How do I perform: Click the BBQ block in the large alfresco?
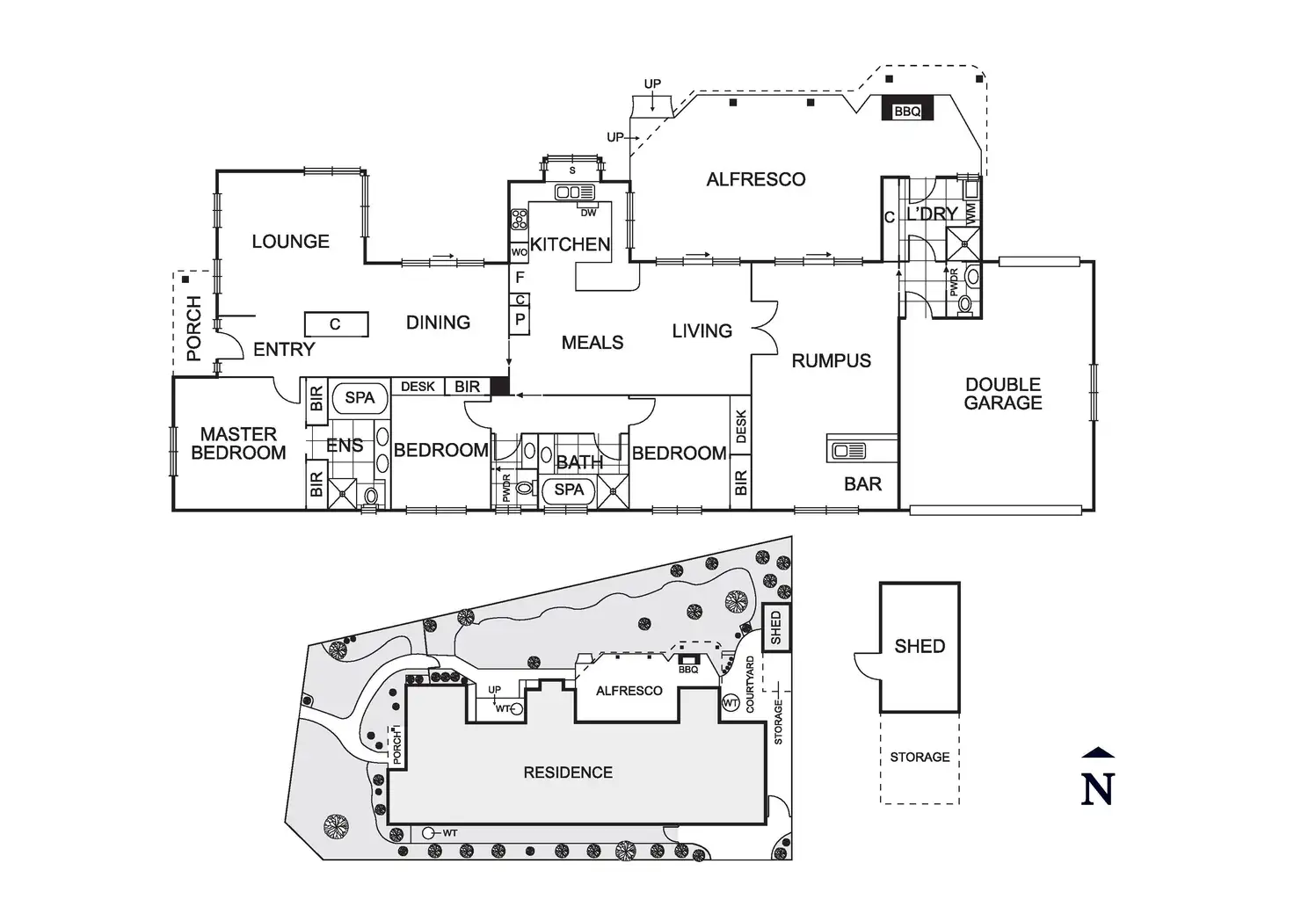pos(907,111)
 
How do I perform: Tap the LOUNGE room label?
pos(290,242)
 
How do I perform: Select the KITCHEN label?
pos(570,244)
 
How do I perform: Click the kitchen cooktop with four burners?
pos(519,219)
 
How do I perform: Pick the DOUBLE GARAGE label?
pos(1003,394)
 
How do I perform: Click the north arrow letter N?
pos(1098,787)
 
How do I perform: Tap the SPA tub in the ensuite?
pos(360,398)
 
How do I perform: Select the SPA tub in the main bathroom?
pos(569,490)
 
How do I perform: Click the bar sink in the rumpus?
pos(849,451)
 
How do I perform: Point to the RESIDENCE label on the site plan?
pos(568,773)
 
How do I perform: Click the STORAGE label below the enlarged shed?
pos(920,757)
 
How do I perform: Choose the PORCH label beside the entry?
pos(194,329)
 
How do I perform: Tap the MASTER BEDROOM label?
pos(238,443)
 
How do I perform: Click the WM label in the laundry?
pos(970,212)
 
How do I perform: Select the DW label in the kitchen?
pos(588,212)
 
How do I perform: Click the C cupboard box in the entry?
pos(335,324)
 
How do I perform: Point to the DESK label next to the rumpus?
pos(740,427)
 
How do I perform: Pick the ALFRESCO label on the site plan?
pos(629,691)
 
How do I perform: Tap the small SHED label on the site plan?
pos(775,627)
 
